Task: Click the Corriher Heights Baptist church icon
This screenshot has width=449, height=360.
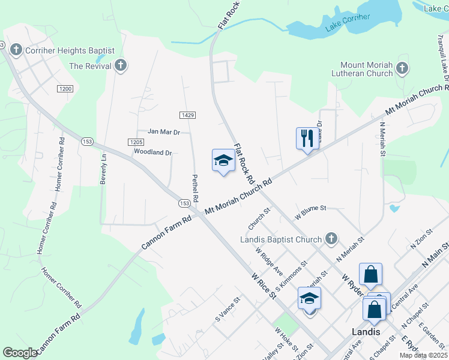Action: [16, 50]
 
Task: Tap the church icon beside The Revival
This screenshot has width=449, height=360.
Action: [121, 65]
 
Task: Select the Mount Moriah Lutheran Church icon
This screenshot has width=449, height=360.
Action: [402, 69]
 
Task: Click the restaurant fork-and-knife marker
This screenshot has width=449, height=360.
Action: [306, 139]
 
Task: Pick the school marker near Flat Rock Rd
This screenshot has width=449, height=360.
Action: [223, 160]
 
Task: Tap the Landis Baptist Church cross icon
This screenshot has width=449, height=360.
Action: [331, 239]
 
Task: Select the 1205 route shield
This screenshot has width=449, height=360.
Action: [134, 142]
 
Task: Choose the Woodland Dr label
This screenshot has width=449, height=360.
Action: [152, 152]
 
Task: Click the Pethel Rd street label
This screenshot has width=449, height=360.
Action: [195, 188]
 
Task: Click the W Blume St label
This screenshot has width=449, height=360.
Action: [310, 208]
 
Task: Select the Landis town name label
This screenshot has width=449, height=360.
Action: [366, 332]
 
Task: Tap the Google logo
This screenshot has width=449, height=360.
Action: [20, 353]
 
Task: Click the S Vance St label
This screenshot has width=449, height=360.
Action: [228, 308]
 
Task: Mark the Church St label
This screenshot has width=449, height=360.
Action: [259, 219]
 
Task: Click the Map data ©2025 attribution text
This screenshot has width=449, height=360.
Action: [423, 355]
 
